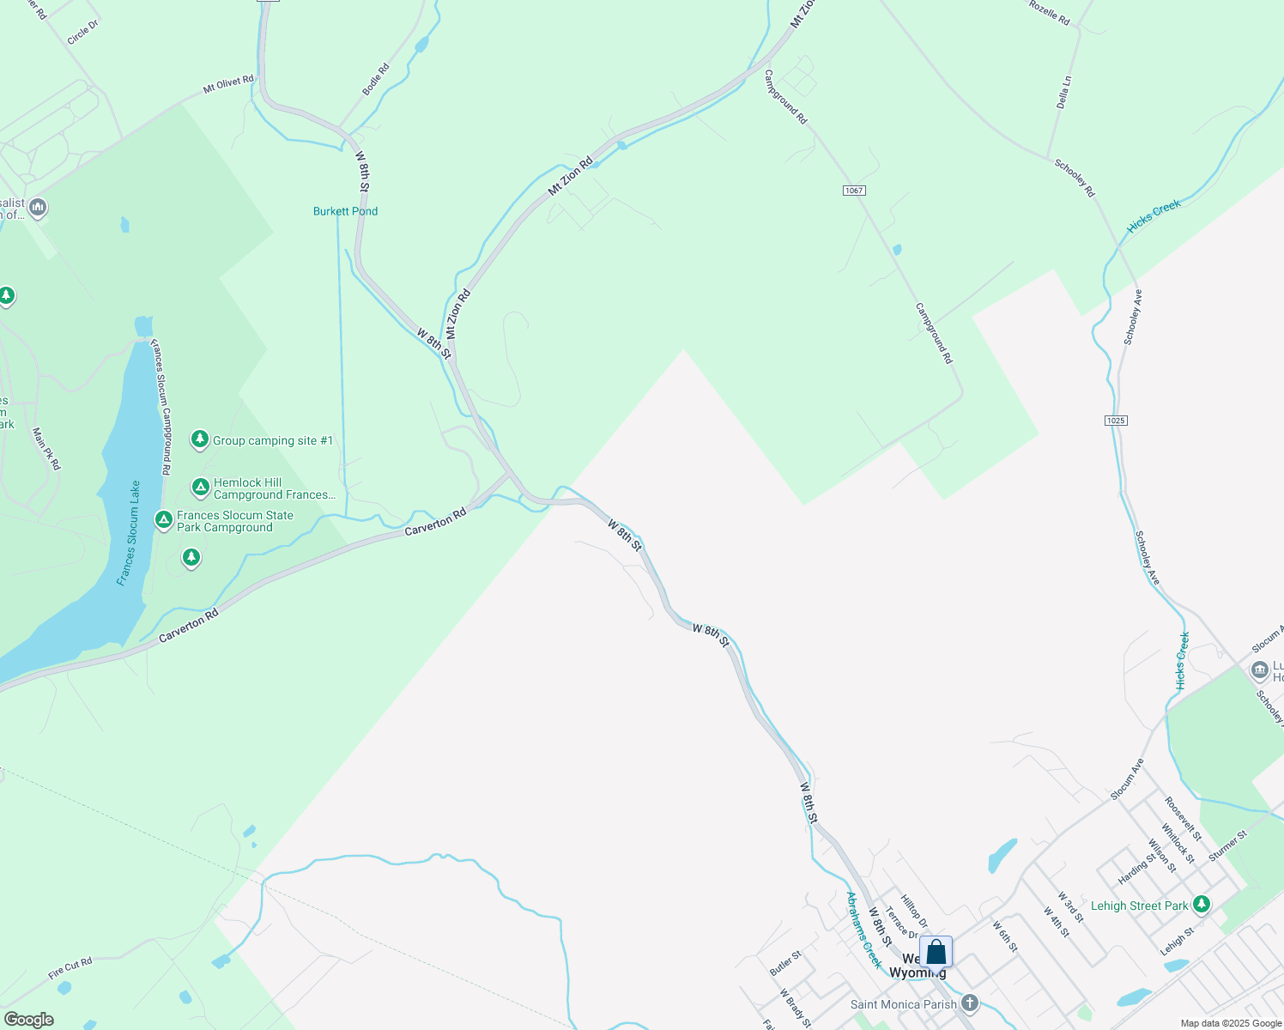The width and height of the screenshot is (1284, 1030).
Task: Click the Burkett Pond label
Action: tap(345, 211)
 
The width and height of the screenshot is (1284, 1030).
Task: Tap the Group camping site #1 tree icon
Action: tap(200, 439)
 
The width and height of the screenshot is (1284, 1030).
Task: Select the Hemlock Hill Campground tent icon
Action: tap(201, 488)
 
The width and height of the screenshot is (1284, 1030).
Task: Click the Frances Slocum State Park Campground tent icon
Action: tap(164, 520)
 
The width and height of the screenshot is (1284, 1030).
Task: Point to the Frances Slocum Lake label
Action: tap(130, 533)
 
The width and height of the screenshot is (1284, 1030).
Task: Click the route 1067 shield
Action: tap(853, 191)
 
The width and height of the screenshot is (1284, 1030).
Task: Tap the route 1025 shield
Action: tap(1116, 421)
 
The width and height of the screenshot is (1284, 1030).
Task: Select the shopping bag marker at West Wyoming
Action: tap(936, 953)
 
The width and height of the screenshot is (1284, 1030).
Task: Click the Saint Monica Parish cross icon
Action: tap(970, 1003)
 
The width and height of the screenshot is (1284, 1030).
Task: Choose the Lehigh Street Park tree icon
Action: tap(1202, 904)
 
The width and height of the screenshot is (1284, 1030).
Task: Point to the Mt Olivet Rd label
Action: tap(228, 84)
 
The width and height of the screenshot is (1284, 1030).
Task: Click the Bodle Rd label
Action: tap(376, 79)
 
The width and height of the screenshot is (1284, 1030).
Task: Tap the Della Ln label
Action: tap(1064, 92)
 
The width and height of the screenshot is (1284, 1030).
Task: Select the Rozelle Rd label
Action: tap(1049, 12)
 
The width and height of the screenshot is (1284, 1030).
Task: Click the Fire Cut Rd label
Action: tap(70, 968)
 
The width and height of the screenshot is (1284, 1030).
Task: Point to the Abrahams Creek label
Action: tap(863, 930)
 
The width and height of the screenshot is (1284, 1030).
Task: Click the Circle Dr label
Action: tap(83, 33)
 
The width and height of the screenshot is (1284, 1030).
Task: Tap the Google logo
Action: tap(28, 1020)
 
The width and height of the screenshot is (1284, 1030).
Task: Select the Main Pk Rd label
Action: tap(47, 448)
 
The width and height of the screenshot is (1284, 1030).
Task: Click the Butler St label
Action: tap(785, 962)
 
